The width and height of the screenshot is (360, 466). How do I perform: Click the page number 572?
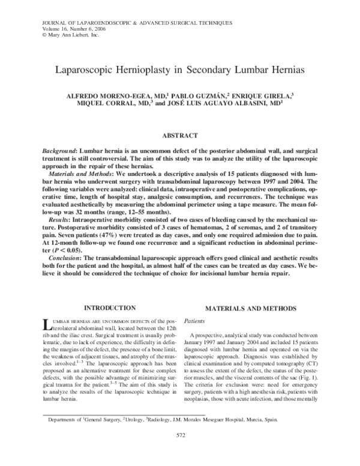[x=180, y=451]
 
